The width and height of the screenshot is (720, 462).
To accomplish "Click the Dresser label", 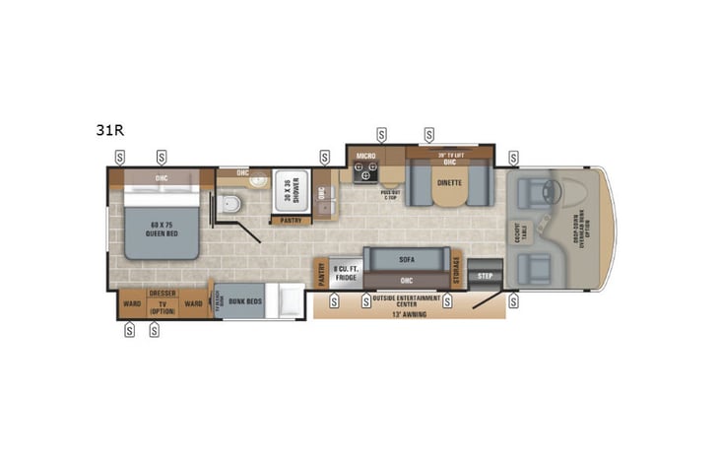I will (162, 293).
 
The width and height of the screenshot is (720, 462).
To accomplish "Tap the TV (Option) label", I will (162, 307).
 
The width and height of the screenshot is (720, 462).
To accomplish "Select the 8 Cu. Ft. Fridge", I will (344, 272).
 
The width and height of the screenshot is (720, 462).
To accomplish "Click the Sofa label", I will (406, 260).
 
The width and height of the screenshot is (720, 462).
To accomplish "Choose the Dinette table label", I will (449, 183).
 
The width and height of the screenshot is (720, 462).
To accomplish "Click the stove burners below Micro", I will (366, 174).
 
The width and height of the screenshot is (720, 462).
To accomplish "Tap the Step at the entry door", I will (485, 277).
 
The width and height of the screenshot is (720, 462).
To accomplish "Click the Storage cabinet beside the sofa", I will (457, 272).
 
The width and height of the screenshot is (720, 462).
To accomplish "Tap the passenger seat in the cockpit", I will (533, 267).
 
